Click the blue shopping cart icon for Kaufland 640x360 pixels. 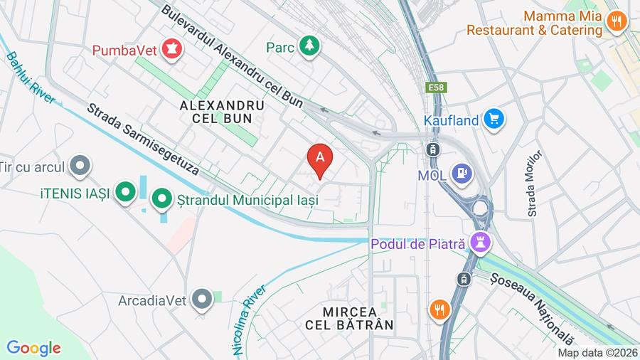[494, 120]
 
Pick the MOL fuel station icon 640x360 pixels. [462, 174]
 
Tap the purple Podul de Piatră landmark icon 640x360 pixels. [481, 243]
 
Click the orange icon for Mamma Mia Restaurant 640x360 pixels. [617, 21]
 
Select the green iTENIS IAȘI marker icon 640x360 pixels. [126, 192]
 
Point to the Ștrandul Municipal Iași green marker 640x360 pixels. [162, 200]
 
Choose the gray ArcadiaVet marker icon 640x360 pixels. [203, 300]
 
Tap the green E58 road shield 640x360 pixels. [436, 88]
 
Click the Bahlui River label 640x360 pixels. [31, 78]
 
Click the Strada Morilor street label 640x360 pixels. [535, 183]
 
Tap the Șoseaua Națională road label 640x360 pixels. [532, 308]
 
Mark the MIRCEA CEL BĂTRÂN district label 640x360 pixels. [358, 318]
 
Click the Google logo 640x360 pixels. [33, 348]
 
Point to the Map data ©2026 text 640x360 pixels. [597, 352]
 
